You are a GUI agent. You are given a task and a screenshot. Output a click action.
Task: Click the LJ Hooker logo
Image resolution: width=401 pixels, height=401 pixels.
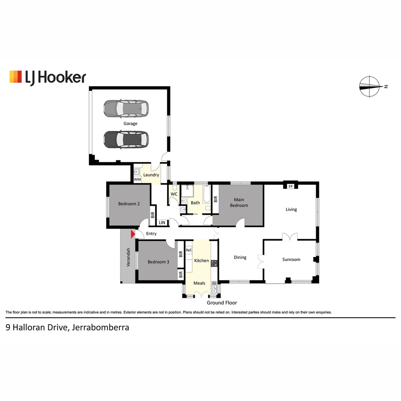point(48,77)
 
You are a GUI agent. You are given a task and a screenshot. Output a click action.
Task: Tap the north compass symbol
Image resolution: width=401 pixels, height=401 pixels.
point(370,87)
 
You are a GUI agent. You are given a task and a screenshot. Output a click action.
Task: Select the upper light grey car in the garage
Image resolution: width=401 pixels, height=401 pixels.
point(125,108)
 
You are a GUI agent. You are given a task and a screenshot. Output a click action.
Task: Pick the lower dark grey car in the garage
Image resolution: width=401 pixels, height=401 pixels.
point(125,139)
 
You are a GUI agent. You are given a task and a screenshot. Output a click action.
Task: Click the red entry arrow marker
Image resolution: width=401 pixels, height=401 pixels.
point(133,234)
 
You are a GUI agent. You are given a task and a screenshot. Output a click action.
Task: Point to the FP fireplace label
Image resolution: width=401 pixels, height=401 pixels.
point(291,186)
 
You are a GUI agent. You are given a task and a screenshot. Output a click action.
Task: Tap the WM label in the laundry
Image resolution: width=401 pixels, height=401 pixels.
point(137,180)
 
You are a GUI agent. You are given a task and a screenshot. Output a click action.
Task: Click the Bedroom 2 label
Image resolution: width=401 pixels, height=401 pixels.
point(129,203)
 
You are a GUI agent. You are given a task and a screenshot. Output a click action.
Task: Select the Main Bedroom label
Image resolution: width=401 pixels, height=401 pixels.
point(239,202)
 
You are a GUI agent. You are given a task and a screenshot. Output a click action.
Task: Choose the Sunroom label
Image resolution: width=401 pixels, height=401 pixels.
point(291,260)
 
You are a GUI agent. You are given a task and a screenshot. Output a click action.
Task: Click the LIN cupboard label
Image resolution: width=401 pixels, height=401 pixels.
point(162,223)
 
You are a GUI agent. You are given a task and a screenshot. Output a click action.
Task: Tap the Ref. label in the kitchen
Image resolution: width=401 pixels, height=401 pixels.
point(189,250)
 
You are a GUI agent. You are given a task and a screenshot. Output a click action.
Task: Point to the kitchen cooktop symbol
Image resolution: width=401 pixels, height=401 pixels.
point(214,263)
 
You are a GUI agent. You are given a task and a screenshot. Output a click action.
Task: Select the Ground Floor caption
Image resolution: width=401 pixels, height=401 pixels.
point(222,303)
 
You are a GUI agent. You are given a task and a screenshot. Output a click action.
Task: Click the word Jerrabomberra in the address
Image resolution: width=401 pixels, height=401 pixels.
point(100,327)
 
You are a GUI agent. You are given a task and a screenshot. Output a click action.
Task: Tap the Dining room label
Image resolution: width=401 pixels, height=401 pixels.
point(240,257)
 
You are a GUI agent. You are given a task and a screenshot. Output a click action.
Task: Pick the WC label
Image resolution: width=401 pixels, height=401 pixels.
point(174,194)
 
